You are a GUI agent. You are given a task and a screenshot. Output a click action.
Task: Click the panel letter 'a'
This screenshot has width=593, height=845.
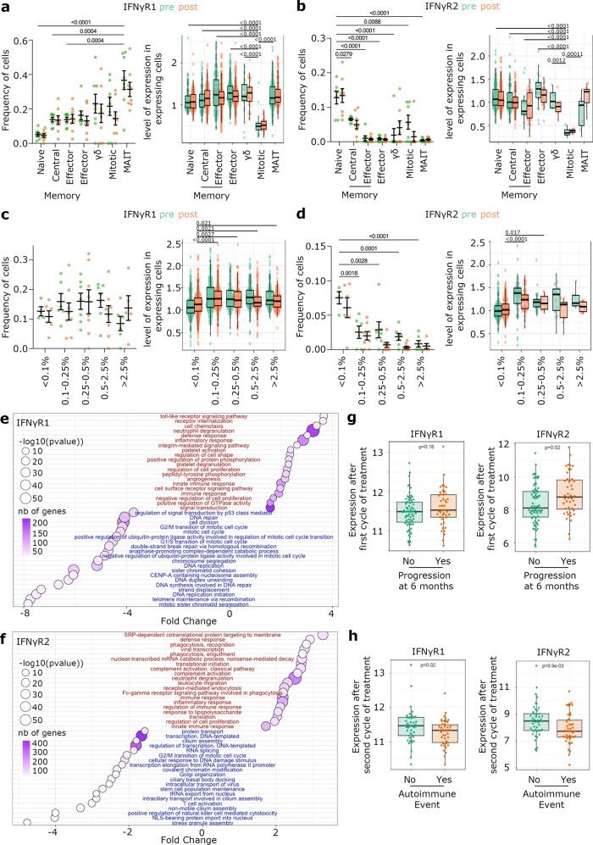(x=6, y=7)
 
